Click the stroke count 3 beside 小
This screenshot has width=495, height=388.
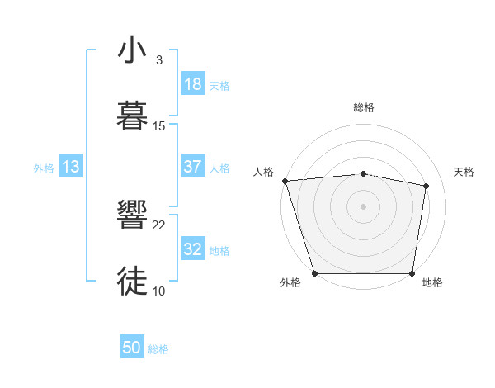click(x=158, y=60)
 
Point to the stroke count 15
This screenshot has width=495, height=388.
click(x=159, y=125)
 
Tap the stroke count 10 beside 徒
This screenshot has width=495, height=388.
click(x=159, y=291)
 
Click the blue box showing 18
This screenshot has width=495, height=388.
click(x=193, y=84)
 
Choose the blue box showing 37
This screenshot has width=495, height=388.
click(x=193, y=167)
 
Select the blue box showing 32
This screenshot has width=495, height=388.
click(x=193, y=249)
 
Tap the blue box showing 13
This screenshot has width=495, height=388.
click(x=71, y=167)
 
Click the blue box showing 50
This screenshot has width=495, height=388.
click(x=132, y=348)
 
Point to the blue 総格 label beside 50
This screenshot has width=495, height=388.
click(x=158, y=349)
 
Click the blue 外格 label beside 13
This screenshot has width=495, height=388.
click(x=44, y=168)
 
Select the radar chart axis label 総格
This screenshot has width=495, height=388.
click(x=364, y=107)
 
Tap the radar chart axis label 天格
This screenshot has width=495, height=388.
click(x=464, y=172)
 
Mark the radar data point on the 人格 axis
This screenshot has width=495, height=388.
click(x=285, y=181)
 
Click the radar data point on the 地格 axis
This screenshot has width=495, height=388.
click(x=412, y=273)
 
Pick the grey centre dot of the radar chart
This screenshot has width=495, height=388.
click(x=364, y=206)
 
